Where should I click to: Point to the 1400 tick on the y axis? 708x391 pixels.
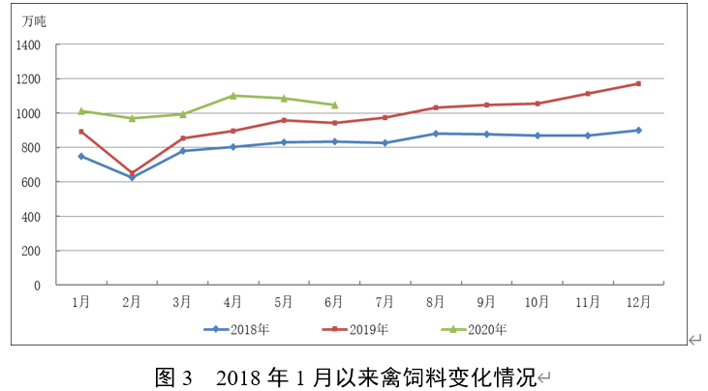click(28, 45)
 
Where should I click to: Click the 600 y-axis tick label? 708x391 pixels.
click(32, 182)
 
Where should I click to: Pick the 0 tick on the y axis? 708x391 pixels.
click(39, 286)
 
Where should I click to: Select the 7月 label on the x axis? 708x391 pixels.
click(385, 301)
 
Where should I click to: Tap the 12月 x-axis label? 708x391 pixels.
click(638, 301)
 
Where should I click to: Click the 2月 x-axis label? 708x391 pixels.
click(132, 301)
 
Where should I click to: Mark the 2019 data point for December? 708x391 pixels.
click(638, 83)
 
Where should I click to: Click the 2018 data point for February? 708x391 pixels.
click(132, 177)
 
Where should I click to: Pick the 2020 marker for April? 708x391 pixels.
click(233, 96)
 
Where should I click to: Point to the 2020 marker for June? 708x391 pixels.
click(334, 105)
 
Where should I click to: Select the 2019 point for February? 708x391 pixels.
click(132, 173)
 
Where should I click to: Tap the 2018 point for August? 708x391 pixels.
click(436, 134)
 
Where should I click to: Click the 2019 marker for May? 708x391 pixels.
click(284, 120)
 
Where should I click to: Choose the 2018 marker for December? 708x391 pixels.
click(638, 130)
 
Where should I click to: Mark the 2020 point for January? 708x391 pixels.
click(81, 110)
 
